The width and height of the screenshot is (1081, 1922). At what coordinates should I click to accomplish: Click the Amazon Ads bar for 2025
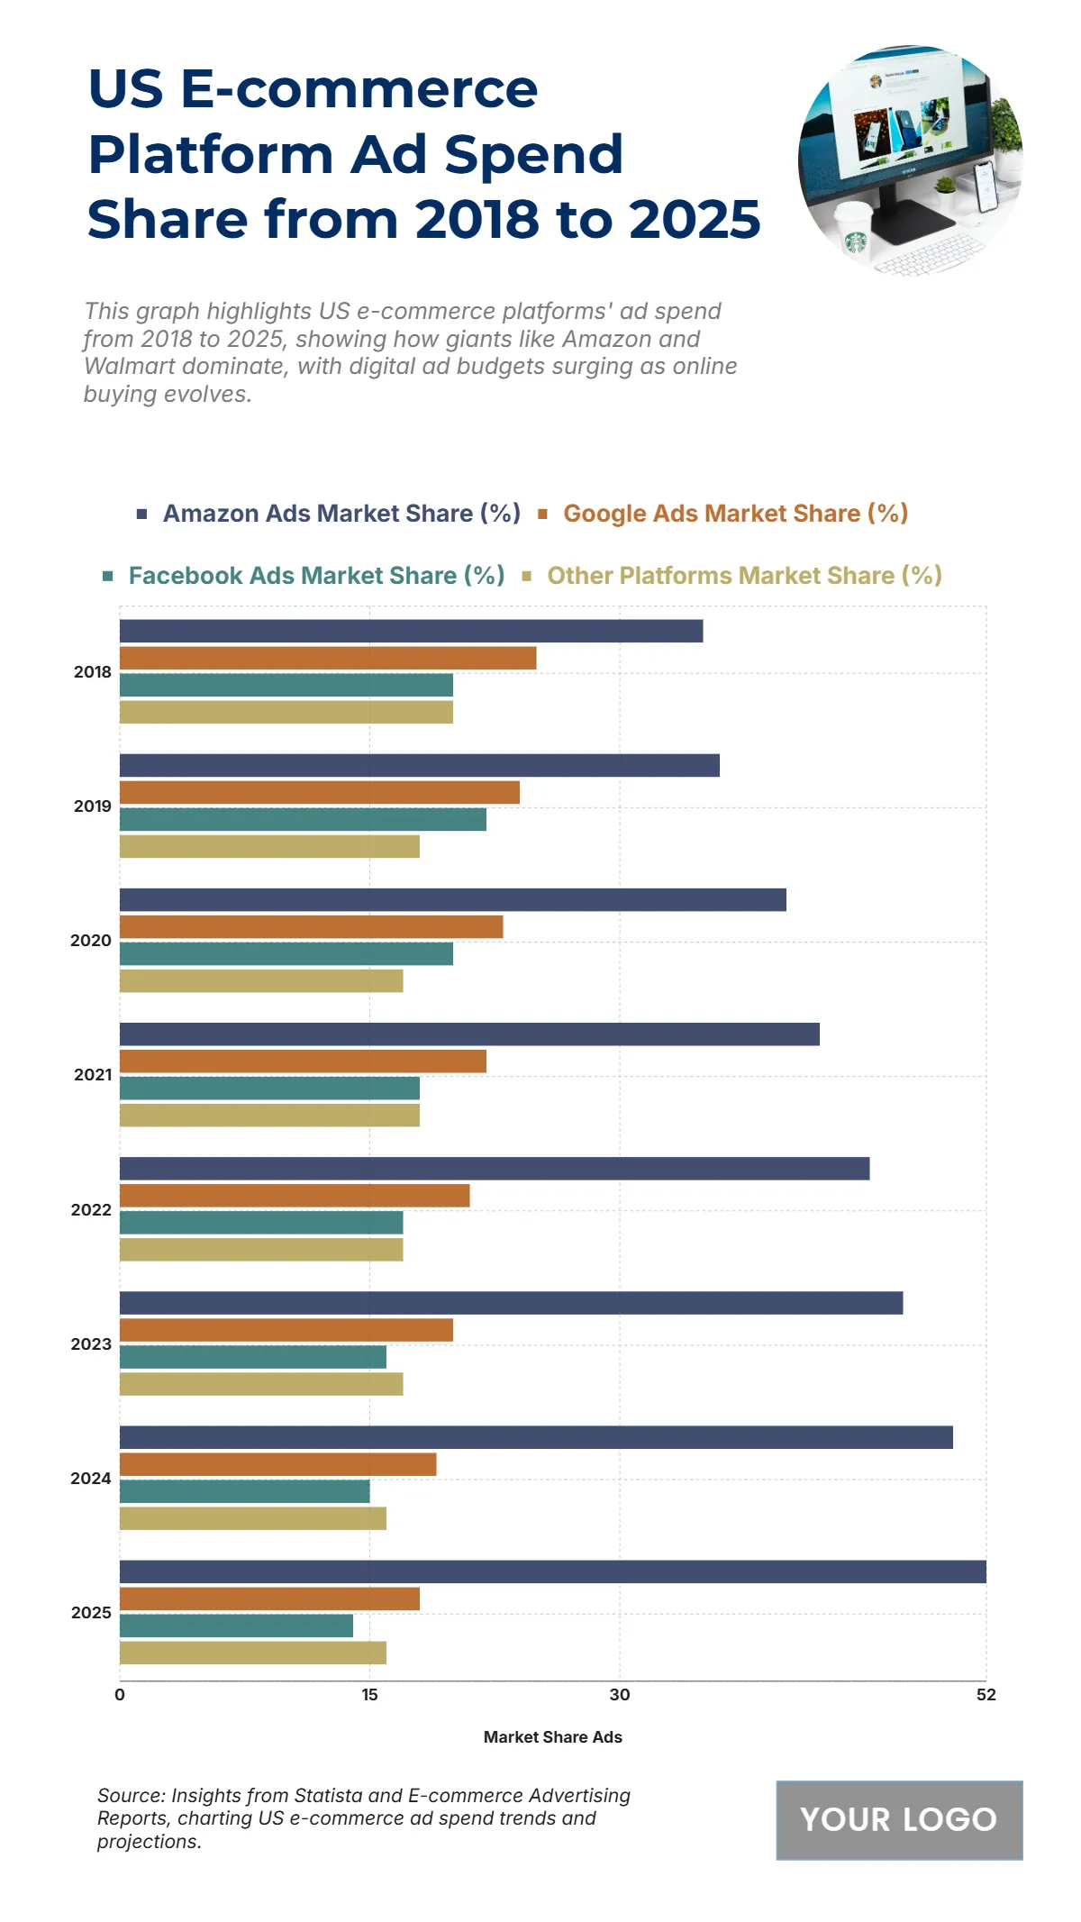pyautogui.click(x=552, y=1571)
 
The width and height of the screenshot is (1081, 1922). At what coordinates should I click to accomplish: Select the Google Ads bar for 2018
pyautogui.click(x=328, y=658)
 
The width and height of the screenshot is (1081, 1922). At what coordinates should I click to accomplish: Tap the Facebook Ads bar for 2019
pyautogui.click(x=303, y=819)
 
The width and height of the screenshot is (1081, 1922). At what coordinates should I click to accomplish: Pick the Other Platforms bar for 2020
pyautogui.click(x=261, y=980)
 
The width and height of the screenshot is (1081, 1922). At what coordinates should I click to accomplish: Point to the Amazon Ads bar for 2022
pyautogui.click(x=495, y=1169)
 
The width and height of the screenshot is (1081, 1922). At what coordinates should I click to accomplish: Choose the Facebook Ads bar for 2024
pyautogui.click(x=244, y=1491)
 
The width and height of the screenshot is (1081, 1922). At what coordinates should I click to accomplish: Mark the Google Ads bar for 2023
pyautogui.click(x=286, y=1330)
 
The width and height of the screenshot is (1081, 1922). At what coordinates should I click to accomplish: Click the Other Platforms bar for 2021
pyautogui.click(x=269, y=1115)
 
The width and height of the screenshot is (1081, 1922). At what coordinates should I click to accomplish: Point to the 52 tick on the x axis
pyautogui.click(x=986, y=1695)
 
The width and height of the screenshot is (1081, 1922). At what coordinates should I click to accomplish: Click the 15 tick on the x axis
pyautogui.click(x=369, y=1695)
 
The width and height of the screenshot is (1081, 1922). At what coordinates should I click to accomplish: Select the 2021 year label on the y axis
pyautogui.click(x=93, y=1075)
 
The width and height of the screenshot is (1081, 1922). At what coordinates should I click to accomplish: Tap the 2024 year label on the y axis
pyautogui.click(x=91, y=1478)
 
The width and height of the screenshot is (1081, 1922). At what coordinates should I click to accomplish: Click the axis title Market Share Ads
pyautogui.click(x=552, y=1737)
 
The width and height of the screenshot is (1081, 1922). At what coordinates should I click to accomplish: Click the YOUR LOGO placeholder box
pyautogui.click(x=899, y=1820)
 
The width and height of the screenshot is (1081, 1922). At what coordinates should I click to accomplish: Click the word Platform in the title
pyautogui.click(x=210, y=154)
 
